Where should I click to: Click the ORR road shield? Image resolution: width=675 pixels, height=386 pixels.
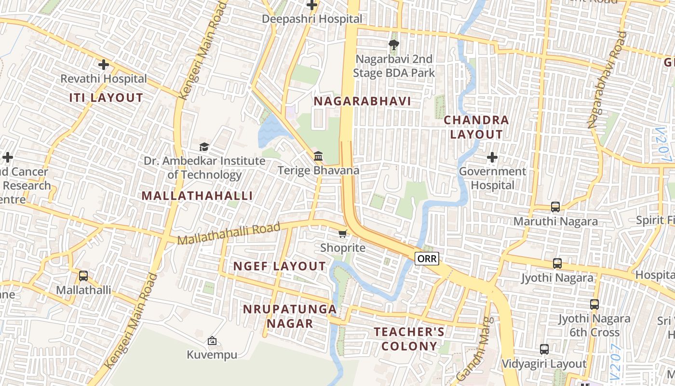tap(427, 259)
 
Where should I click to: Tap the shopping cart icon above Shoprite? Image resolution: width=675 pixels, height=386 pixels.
tap(342, 234)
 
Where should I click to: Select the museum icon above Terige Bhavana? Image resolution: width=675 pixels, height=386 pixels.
tap(318, 156)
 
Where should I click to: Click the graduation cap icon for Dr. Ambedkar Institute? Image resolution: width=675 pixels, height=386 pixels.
tap(204, 147)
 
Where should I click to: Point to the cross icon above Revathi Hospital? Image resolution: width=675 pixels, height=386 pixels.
tap(103, 64)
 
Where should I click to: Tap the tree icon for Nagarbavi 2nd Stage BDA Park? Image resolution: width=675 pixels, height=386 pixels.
tap(394, 45)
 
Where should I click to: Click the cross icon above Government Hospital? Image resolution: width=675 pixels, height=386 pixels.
tap(492, 157)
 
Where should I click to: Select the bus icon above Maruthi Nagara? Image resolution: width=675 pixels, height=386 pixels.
tap(555, 207)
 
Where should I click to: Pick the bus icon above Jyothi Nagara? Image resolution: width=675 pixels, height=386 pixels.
tap(557, 263)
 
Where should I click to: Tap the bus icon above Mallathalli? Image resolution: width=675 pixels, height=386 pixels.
tap(83, 276)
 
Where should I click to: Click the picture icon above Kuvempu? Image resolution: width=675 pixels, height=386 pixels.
tap(212, 341)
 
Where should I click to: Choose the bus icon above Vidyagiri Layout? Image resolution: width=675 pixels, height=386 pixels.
tap(544, 349)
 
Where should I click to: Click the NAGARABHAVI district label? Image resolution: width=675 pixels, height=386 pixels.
tap(362, 101)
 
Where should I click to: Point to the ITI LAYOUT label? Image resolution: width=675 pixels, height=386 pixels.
tap(106, 97)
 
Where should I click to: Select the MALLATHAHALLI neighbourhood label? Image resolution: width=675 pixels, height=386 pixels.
tap(197, 195)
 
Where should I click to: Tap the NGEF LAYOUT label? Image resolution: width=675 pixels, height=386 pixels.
tap(280, 266)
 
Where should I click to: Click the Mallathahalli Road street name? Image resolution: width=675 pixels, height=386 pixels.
tap(229, 234)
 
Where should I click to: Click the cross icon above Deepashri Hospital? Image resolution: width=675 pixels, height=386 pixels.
tap(312, 5)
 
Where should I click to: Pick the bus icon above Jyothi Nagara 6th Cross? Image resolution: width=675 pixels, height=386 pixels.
tap(594, 304)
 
